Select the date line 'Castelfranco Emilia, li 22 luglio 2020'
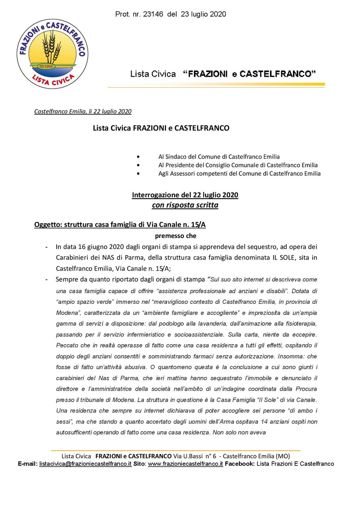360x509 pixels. click(83, 111)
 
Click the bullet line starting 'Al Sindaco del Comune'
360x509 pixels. click(219, 157)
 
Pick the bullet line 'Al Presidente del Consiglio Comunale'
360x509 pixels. click(238, 165)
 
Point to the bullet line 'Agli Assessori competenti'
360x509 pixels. click(239, 174)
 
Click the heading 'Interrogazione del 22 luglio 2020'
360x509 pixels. click(185, 195)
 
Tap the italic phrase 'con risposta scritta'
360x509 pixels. click(185, 205)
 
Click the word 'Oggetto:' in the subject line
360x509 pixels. click(48, 225)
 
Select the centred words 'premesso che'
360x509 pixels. click(185, 236)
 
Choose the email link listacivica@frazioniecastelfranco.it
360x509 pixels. click(86, 463)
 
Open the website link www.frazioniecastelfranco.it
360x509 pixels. click(185, 463)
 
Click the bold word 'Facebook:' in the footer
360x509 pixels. click(240, 463)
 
